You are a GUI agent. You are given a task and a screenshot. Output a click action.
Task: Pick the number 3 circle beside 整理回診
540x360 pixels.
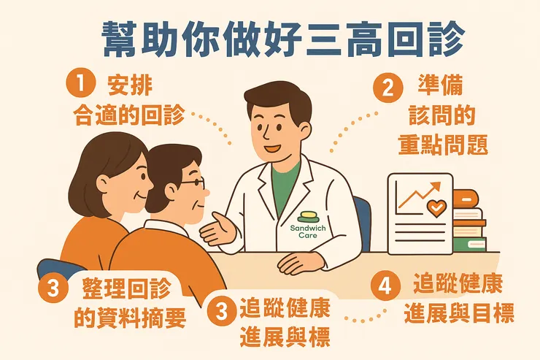coord(52,288)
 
